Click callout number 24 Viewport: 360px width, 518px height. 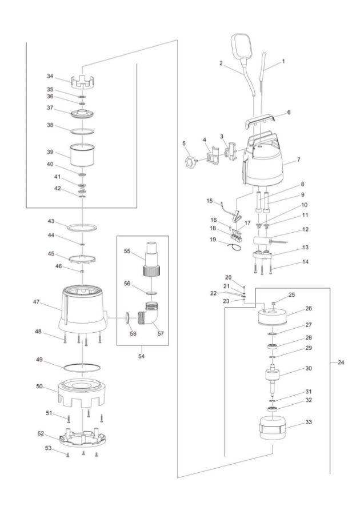coord(341,362)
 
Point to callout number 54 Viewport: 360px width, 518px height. coord(141,356)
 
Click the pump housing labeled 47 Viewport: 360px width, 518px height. coord(83,309)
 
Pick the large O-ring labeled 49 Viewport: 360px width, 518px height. coord(82,368)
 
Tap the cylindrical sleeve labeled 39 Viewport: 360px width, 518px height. coord(82,155)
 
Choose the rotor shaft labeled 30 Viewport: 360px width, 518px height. coord(273,379)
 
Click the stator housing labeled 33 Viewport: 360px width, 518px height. coord(273,428)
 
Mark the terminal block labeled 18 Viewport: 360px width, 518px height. coord(236,237)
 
